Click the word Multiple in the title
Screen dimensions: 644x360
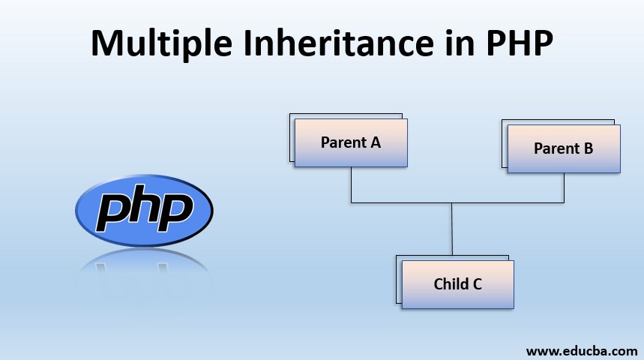click(x=161, y=43)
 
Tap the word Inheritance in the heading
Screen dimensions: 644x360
click(x=339, y=43)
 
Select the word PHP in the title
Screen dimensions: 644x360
click(x=520, y=43)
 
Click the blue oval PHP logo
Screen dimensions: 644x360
click(x=144, y=211)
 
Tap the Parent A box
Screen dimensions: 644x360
click(x=351, y=142)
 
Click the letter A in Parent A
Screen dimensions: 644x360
click(x=376, y=142)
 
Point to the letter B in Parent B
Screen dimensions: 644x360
click(x=589, y=148)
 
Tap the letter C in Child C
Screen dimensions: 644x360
click(x=478, y=284)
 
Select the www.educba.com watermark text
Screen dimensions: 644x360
click(x=582, y=351)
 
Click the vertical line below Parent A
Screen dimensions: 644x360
click(x=351, y=185)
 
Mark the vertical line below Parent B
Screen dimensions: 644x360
click(x=564, y=187)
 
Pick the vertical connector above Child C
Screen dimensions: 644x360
click(x=452, y=229)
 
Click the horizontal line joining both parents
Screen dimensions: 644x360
click(x=457, y=202)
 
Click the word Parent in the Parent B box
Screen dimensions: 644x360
click(x=556, y=148)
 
